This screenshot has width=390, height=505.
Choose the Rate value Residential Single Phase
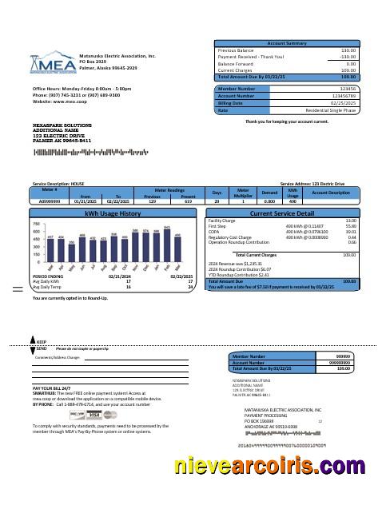click(x=325, y=111)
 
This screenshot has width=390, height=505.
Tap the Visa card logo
click(x=94, y=416)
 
